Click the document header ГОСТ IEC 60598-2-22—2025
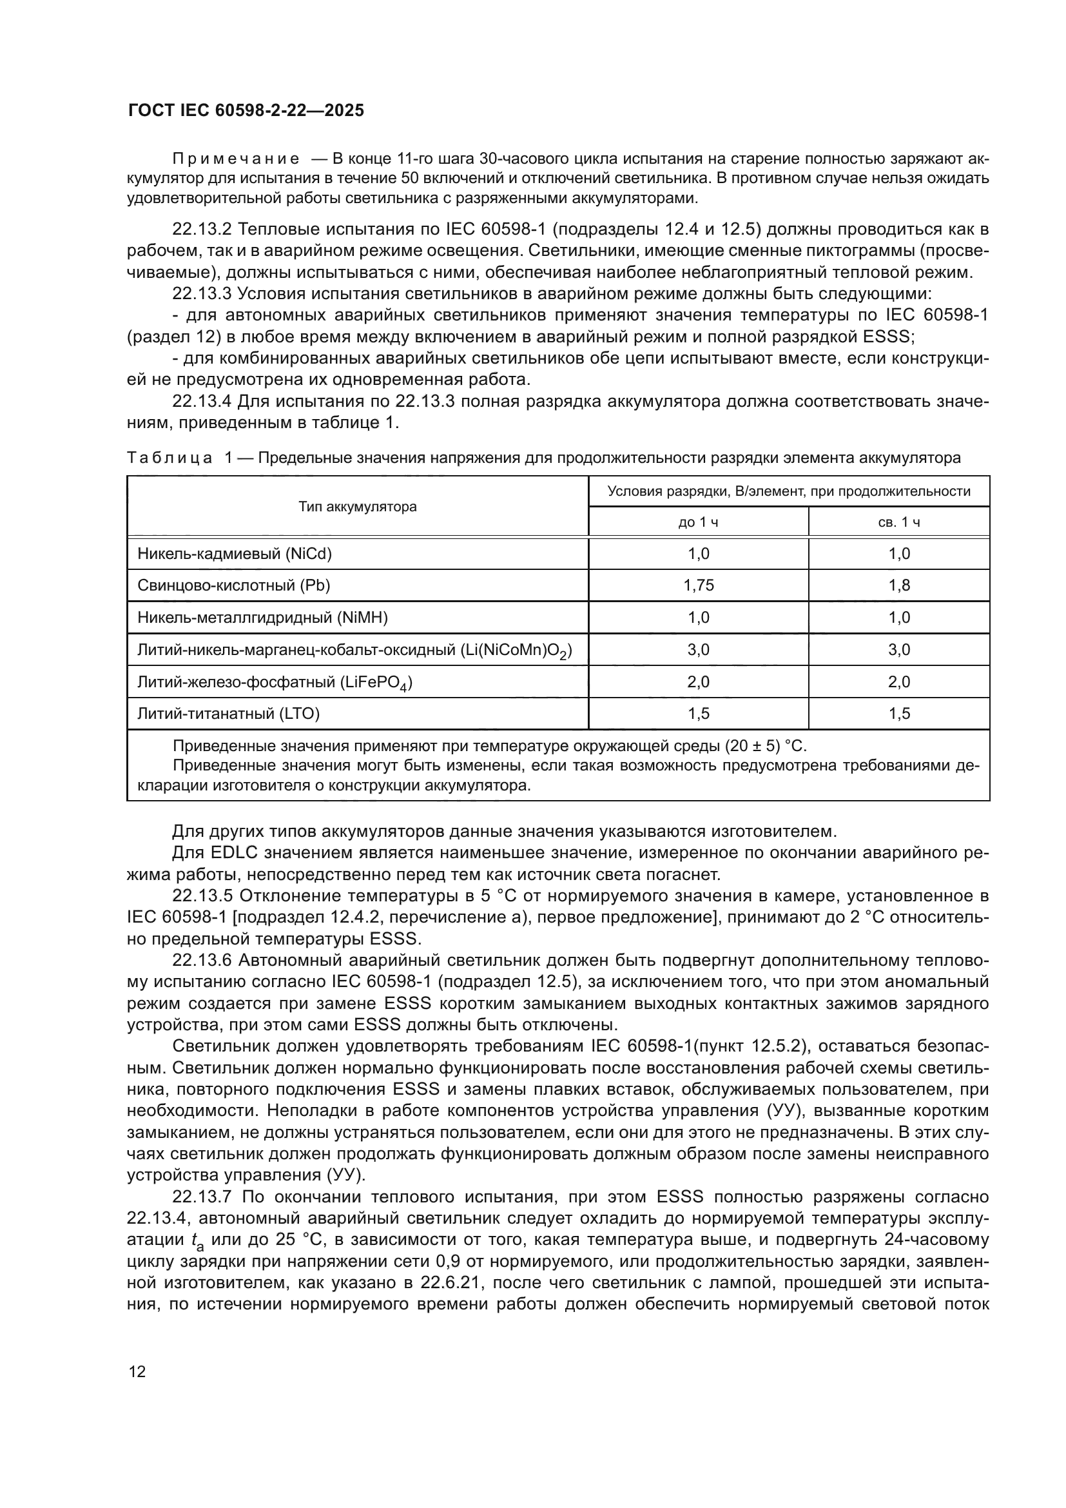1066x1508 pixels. (x=246, y=110)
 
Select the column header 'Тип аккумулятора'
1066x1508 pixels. (x=357, y=506)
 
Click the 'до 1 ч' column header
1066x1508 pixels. (x=698, y=522)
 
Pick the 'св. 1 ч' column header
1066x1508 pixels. (x=898, y=522)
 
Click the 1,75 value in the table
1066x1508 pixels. (x=698, y=585)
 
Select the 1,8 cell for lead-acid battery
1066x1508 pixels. (x=898, y=585)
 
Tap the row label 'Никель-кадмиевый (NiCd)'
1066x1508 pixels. (x=235, y=554)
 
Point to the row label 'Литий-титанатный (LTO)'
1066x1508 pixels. (x=228, y=713)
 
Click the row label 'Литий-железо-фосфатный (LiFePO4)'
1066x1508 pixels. (x=275, y=682)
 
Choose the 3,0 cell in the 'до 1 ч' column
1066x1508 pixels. (x=698, y=650)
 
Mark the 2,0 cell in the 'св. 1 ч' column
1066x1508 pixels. (x=898, y=681)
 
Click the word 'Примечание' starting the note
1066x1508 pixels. (x=236, y=159)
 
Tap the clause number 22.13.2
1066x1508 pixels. (x=202, y=230)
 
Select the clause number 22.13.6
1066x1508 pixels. (x=202, y=960)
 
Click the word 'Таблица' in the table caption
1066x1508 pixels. (x=170, y=458)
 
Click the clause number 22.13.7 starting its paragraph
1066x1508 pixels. (x=202, y=1197)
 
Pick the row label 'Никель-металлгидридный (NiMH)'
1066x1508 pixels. (x=262, y=618)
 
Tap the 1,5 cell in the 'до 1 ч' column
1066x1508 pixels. (x=698, y=713)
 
